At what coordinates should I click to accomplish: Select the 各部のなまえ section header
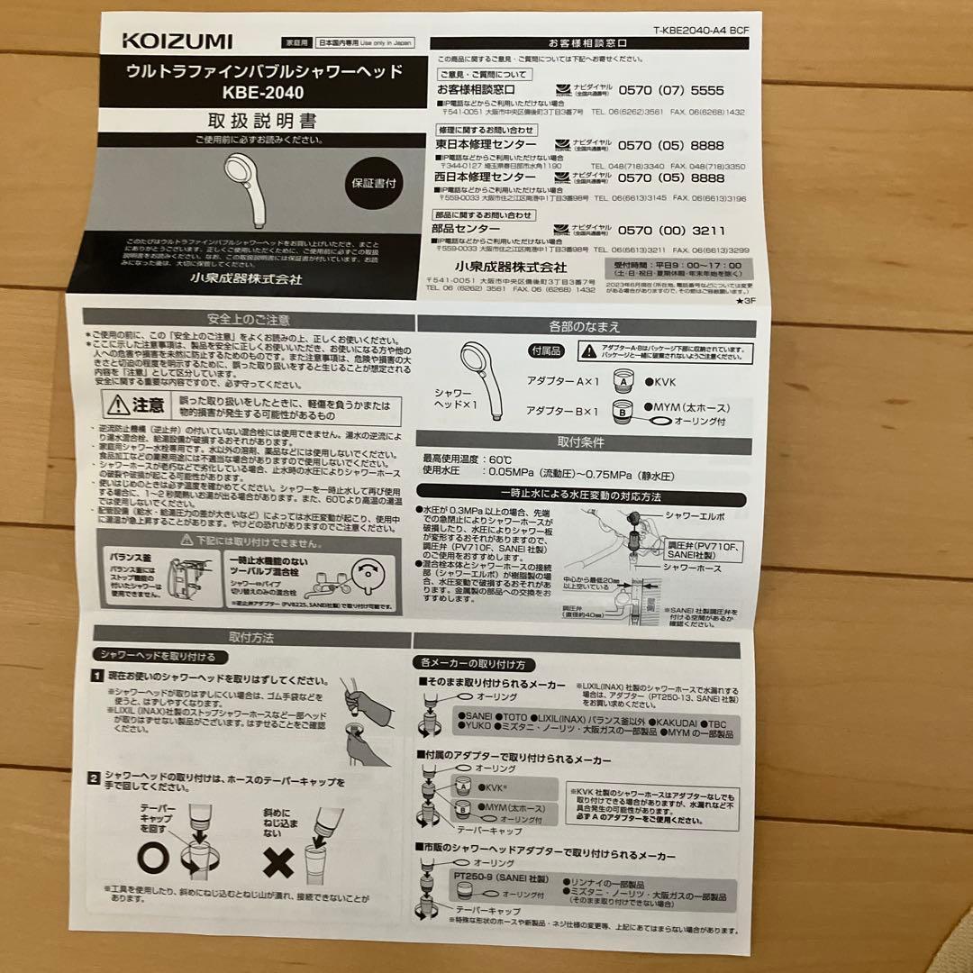pos(584,326)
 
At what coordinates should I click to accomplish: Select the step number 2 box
pos(95,777)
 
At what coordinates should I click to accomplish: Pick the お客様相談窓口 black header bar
pos(587,42)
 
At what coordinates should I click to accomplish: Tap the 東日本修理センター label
pos(486,145)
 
